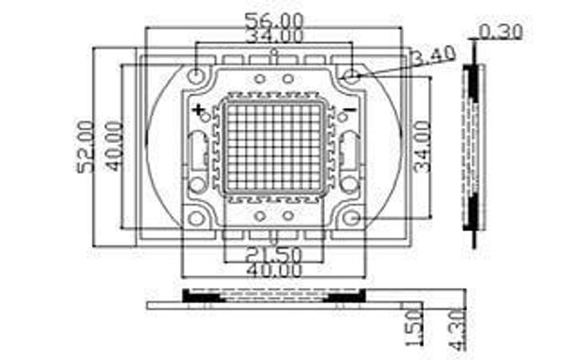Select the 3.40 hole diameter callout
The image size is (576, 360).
pyautogui.click(x=433, y=56)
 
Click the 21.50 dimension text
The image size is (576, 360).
pyautogui.click(x=273, y=255)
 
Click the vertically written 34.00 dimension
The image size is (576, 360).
pyautogui.click(x=422, y=146)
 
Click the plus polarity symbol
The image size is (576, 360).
pyautogui.click(x=199, y=108)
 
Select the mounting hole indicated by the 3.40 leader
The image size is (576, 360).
pyautogui.click(x=350, y=76)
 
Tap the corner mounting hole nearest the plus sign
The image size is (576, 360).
pyautogui.click(x=196, y=76)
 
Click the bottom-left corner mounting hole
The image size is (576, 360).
pyautogui.click(x=196, y=218)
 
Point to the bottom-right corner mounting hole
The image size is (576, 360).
pyautogui.click(x=350, y=218)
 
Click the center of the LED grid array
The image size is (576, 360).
pyautogui.click(x=273, y=147)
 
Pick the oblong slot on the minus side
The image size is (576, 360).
pyautogui.click(x=350, y=150)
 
